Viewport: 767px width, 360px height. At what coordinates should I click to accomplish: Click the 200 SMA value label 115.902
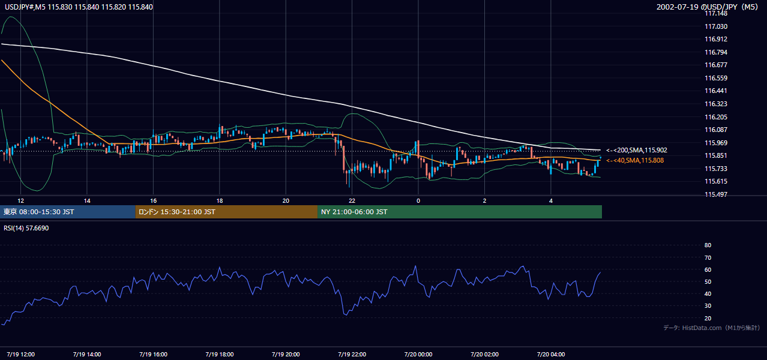coord(637,150)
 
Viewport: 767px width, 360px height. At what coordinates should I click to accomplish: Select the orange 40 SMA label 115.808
coord(635,160)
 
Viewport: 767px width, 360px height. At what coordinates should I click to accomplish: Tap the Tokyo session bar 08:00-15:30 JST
coord(68,212)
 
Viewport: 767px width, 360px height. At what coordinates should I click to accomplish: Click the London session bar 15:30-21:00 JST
coord(227,212)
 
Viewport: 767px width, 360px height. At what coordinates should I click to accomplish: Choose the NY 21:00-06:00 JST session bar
coord(460,212)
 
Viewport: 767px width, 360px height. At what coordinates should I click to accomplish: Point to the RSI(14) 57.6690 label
coord(26,228)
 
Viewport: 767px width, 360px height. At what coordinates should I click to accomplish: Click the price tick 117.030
coord(716,26)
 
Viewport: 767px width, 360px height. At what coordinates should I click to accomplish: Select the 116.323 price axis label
coord(716,104)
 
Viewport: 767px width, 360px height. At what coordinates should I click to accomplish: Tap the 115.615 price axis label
coord(716,181)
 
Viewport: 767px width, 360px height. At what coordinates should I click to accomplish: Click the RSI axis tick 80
coord(708,245)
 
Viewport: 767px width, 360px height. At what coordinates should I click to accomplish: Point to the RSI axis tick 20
coord(708,318)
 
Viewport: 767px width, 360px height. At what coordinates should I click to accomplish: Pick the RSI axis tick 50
coord(708,281)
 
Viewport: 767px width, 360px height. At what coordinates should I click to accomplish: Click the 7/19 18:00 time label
coord(220,355)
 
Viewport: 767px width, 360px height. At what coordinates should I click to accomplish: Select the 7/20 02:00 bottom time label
coord(484,355)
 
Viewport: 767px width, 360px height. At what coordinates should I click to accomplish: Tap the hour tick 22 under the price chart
coord(352,201)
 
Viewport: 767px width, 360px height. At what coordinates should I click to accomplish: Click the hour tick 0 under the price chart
coord(418,201)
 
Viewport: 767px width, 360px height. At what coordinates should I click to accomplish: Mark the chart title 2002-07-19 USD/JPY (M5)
coord(707,7)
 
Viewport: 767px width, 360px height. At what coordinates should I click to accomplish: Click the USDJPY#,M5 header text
coord(25,7)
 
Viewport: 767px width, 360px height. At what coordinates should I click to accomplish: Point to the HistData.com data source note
coord(712,328)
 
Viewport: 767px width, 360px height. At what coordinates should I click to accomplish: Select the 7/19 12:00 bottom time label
coord(20,355)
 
